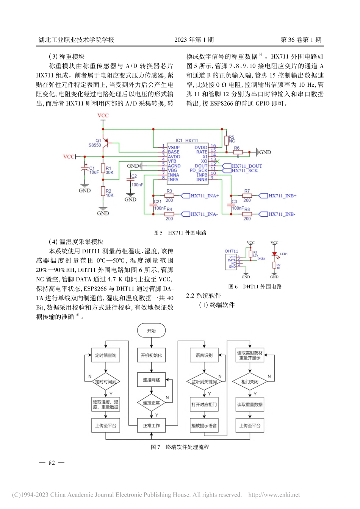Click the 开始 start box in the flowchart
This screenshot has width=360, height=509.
[151, 331]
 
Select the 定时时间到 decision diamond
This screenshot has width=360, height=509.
[106, 382]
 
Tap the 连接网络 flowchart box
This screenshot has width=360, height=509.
[151, 380]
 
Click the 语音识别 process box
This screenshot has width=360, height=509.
[204, 355]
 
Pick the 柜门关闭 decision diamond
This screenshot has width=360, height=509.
[250, 382]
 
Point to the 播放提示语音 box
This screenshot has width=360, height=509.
[204, 426]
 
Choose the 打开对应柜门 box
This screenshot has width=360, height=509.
[204, 404]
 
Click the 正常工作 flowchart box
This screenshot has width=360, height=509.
[151, 426]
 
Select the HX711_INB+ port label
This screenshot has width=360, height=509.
[282, 196]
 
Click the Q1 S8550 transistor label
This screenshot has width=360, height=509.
[95, 143]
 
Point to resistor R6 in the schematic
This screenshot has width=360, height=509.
[238, 152]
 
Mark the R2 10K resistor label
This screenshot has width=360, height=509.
[109, 193]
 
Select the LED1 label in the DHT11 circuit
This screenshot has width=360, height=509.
[284, 254]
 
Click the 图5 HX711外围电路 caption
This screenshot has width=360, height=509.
[180, 233]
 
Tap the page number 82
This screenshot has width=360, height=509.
[52, 463]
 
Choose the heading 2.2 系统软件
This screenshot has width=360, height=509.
[203, 296]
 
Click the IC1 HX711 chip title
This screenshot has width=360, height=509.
[187, 141]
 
